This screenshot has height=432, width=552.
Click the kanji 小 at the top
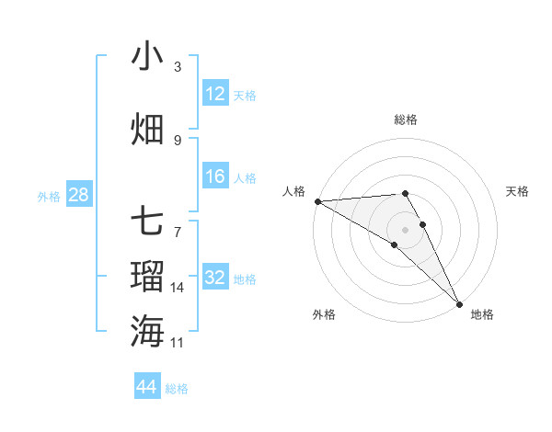tap(147, 56)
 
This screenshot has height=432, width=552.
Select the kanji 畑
tap(147, 129)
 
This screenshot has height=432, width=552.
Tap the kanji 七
tap(147, 221)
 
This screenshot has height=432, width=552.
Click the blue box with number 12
tap(215, 94)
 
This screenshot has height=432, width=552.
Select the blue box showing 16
tap(215, 177)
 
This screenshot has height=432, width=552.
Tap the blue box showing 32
tap(215, 279)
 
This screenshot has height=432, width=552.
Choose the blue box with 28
tap(78, 196)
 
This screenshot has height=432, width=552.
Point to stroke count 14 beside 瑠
tap(178, 288)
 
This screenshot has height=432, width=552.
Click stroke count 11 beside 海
tap(178, 343)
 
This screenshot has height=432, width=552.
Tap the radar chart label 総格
tap(406, 119)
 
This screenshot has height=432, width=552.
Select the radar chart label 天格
tap(518, 191)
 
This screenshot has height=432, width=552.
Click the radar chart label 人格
tap(293, 191)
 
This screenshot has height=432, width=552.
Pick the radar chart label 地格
tap(482, 314)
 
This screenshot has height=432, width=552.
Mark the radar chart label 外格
tap(324, 314)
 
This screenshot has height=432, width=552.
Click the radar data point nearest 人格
tap(317, 201)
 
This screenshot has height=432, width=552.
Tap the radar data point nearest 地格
tap(459, 303)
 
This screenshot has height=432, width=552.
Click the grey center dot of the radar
tap(405, 230)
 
